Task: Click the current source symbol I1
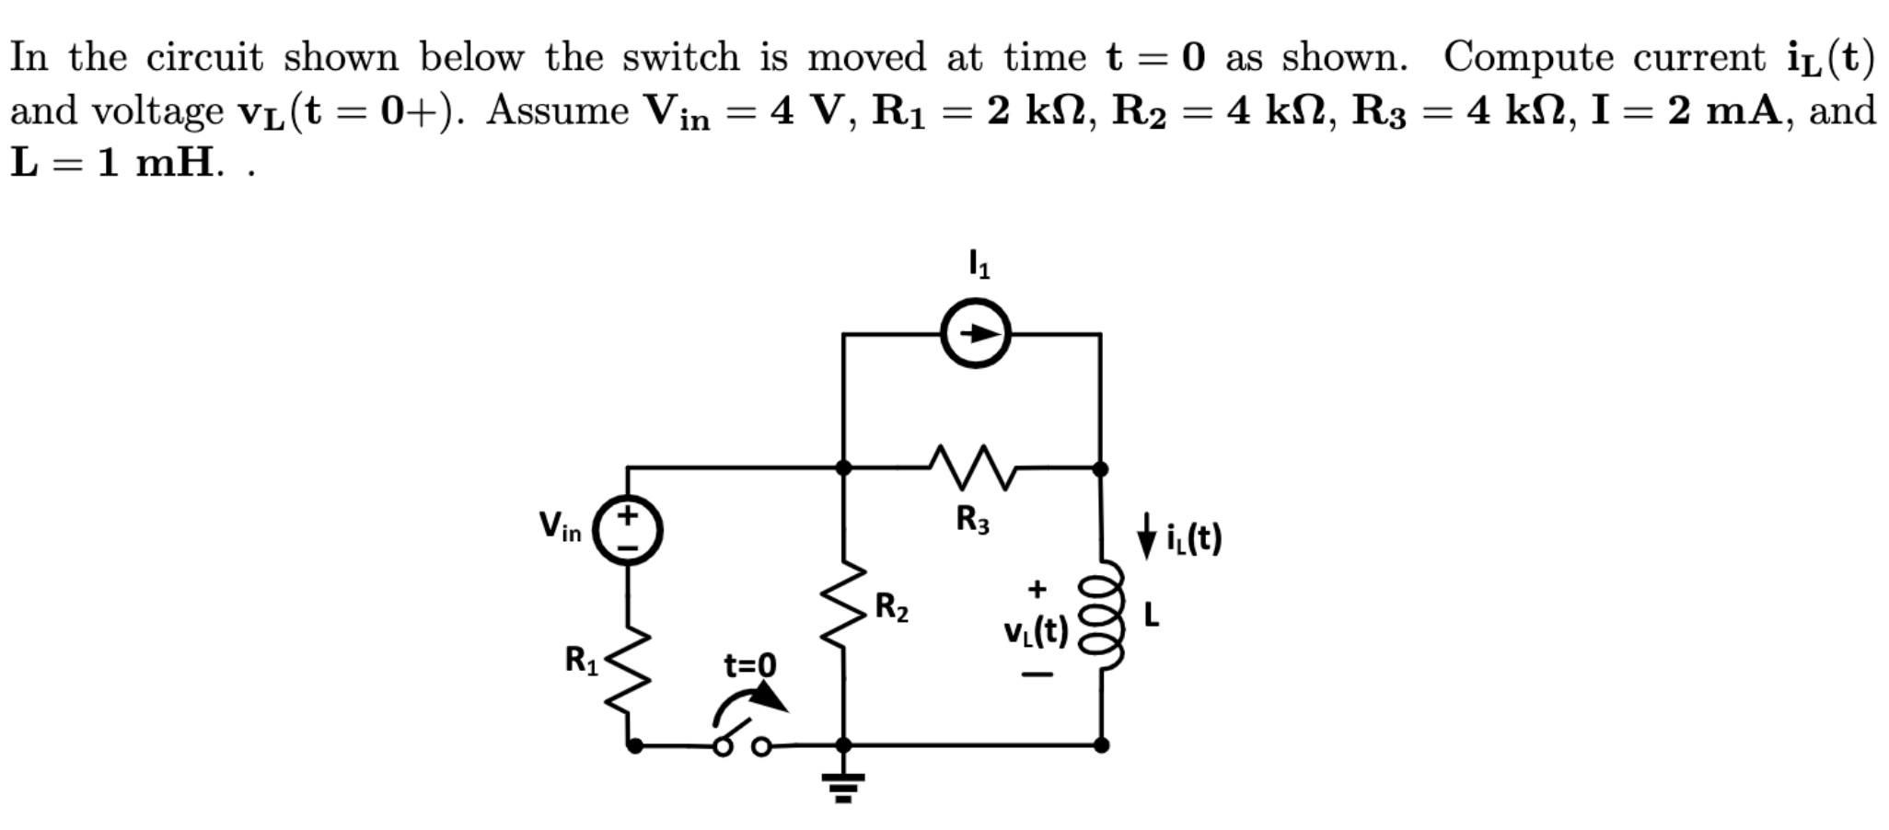pyautogui.click(x=975, y=334)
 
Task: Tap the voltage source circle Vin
pyautogui.click(x=628, y=532)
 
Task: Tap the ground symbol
pyautogui.click(x=843, y=785)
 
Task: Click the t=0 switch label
pyautogui.click(x=750, y=664)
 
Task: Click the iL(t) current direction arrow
pyautogui.click(x=1146, y=536)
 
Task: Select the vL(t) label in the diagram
pyautogui.click(x=1036, y=631)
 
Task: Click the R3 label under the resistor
pyautogui.click(x=973, y=521)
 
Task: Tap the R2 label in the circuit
pyautogui.click(x=891, y=608)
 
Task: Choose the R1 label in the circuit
pyautogui.click(x=581, y=661)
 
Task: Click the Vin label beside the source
pyautogui.click(x=561, y=527)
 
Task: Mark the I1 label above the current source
pyautogui.click(x=979, y=265)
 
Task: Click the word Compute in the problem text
pyautogui.click(x=1528, y=57)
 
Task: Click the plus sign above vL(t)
pyautogui.click(x=1037, y=587)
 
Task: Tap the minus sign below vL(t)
pyautogui.click(x=1037, y=676)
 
